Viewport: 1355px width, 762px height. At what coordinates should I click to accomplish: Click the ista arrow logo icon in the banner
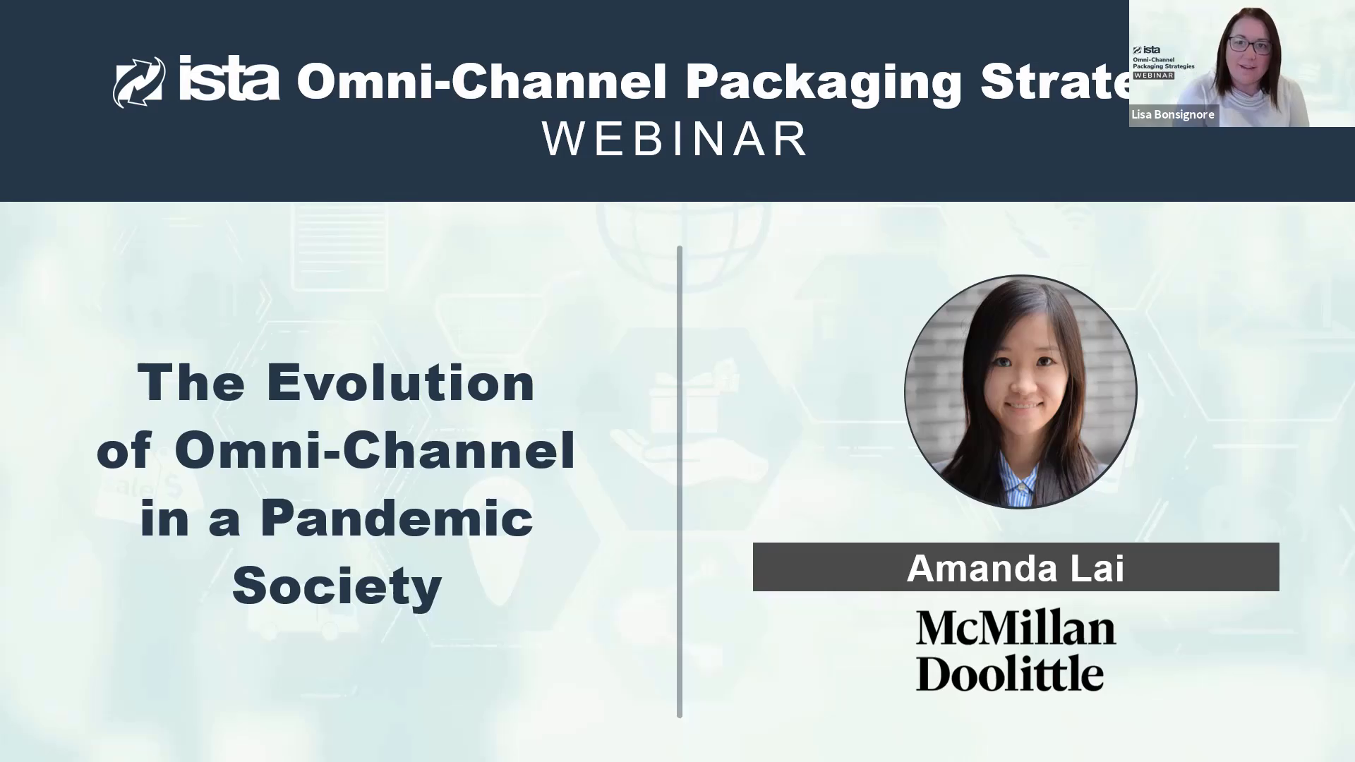139,82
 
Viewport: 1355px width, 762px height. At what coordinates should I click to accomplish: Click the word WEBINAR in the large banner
675,139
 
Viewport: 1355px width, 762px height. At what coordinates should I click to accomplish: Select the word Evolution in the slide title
401,382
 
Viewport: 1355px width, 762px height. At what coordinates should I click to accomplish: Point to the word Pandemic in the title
397,518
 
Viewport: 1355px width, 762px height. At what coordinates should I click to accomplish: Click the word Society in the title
337,586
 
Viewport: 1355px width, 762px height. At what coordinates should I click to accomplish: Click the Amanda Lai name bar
1016,567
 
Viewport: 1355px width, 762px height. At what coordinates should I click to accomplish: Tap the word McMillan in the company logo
1016,628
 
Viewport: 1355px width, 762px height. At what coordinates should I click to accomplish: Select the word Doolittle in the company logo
1010,672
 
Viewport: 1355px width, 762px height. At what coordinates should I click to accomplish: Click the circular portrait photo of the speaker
1020,392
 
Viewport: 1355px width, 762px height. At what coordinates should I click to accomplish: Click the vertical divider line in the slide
680,482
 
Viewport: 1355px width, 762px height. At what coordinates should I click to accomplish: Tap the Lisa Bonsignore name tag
1174,115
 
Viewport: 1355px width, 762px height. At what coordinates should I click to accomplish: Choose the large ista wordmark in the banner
229,79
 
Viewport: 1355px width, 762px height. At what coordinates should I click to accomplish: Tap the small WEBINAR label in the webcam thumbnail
1154,75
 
